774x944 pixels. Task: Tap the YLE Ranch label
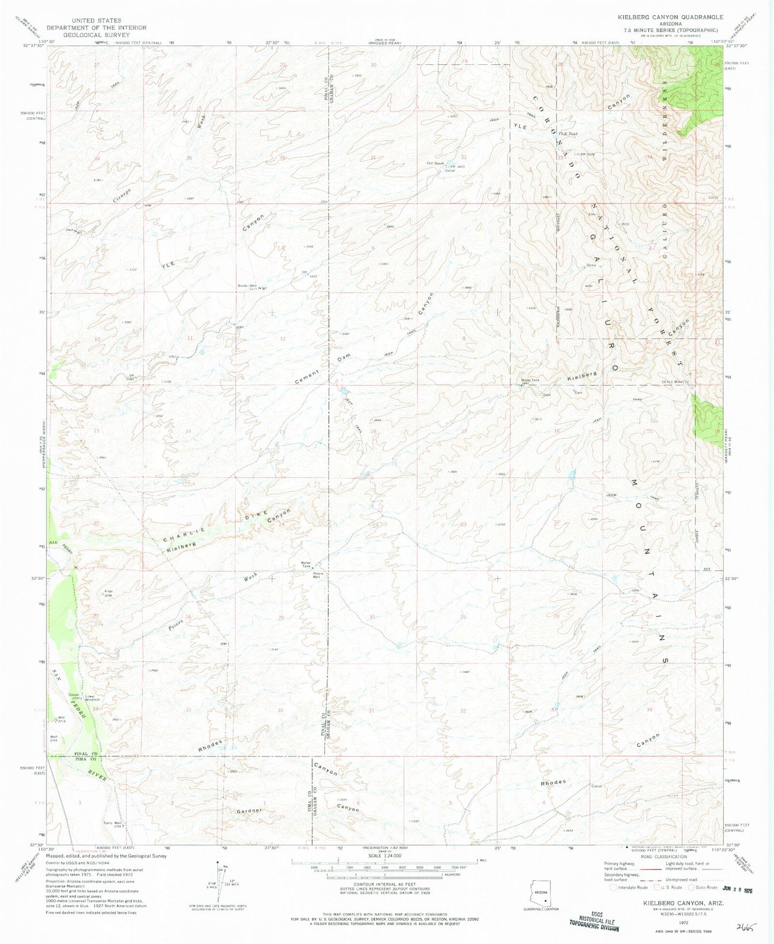pos(435,163)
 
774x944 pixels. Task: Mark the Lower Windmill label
pos(93,698)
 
